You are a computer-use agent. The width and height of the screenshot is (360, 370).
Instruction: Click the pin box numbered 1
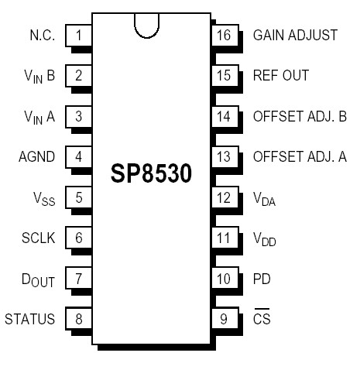click(x=79, y=35)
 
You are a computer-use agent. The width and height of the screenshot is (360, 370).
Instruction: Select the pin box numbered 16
click(x=224, y=35)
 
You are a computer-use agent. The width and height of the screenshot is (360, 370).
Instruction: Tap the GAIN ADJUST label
click(x=295, y=35)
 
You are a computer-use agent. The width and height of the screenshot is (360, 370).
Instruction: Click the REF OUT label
click(x=281, y=75)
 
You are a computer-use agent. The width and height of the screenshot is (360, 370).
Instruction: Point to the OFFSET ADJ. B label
click(x=300, y=116)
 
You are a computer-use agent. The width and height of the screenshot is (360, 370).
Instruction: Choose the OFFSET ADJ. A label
click(x=300, y=156)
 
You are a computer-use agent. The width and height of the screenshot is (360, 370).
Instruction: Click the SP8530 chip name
click(x=150, y=174)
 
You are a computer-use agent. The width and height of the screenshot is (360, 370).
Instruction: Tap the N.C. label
click(x=42, y=35)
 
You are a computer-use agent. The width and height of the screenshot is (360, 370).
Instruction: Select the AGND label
click(x=36, y=156)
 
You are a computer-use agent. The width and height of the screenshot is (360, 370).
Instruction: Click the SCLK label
click(x=39, y=238)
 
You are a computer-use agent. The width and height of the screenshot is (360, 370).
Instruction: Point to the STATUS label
click(x=30, y=318)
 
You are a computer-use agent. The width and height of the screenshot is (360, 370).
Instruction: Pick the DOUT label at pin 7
click(x=38, y=279)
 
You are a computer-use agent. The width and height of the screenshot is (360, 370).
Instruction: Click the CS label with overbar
click(x=262, y=318)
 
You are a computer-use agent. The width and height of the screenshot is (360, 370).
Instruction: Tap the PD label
click(x=262, y=278)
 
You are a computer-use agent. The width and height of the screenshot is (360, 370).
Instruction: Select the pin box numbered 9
click(x=224, y=318)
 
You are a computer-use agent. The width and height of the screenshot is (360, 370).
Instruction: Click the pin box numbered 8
click(x=79, y=318)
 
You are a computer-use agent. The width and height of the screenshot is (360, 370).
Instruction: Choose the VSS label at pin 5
click(x=43, y=197)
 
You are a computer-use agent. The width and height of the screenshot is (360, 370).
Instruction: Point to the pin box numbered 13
click(x=224, y=156)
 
